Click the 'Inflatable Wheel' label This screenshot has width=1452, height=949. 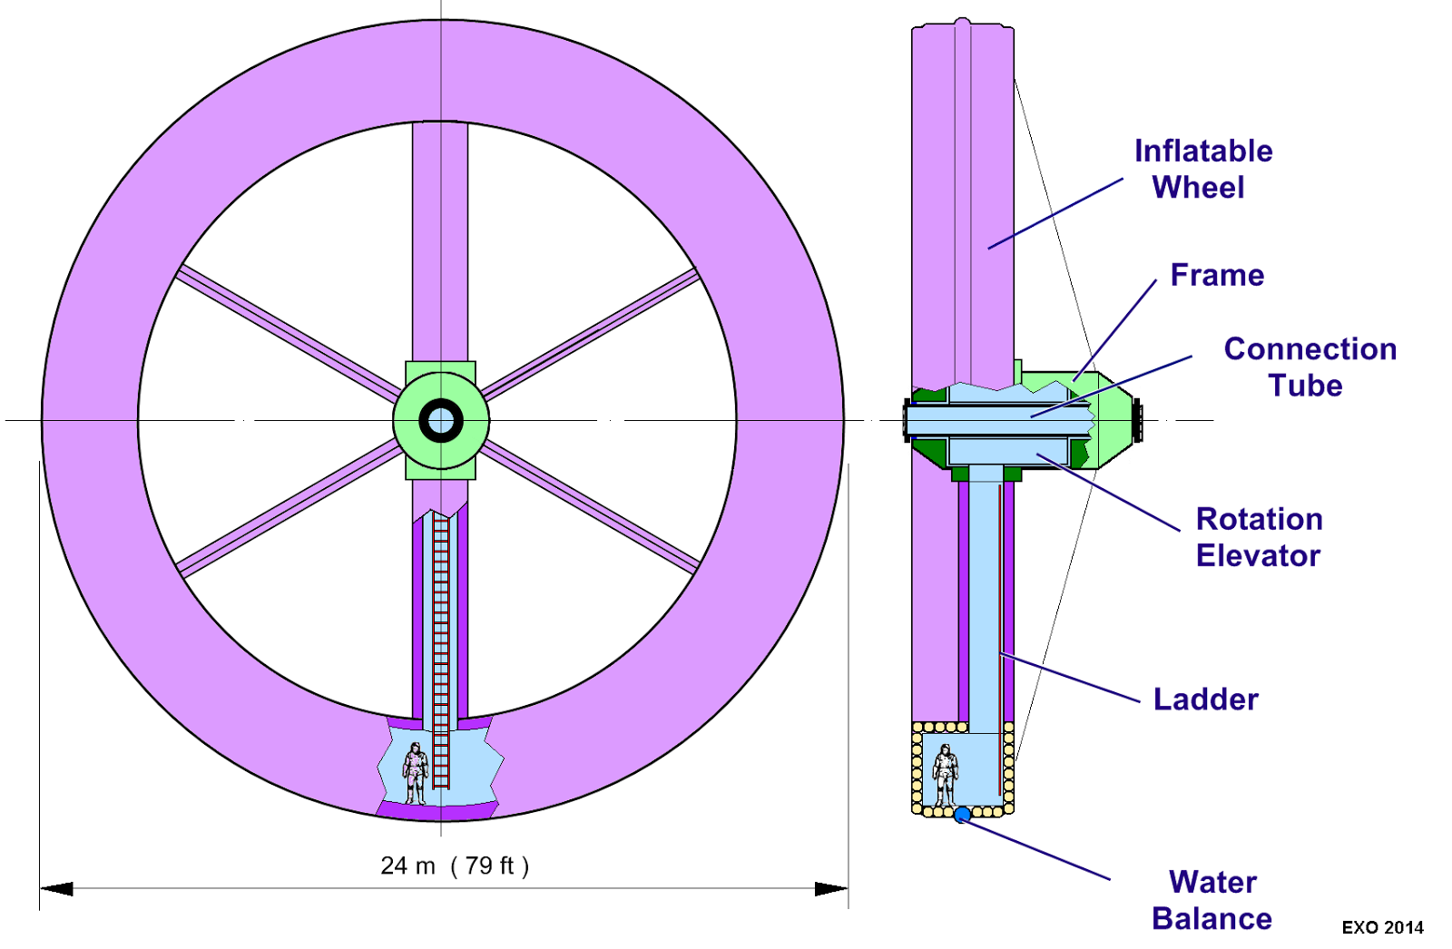pos(1202,169)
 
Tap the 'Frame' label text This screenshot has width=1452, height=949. pos(1217,275)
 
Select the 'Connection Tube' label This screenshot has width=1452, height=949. pos(1310,367)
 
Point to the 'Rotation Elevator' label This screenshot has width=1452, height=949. pos(1259,537)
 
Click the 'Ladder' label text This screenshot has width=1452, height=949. pos(1205,700)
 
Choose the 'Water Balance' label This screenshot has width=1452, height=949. pos(1212,900)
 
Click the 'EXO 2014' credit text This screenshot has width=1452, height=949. pos(1382,927)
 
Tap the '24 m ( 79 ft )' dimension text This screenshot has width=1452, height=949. pos(454,866)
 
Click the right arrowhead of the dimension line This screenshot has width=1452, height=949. pos(830,888)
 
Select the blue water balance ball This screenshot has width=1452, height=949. pos(962,815)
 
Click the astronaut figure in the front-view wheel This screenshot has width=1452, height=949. pos(416,773)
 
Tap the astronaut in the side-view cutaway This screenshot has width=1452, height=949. pos(945,775)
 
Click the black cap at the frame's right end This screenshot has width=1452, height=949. pos(1138,421)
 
